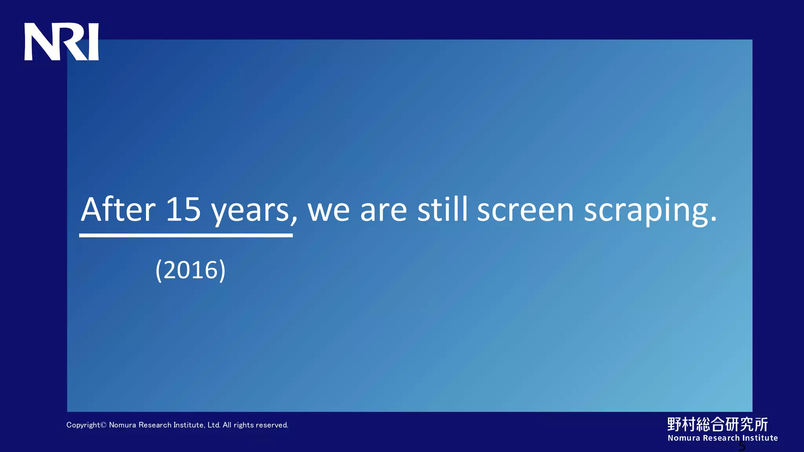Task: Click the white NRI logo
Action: coord(62,42)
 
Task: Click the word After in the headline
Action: coord(118,210)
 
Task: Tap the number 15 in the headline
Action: coord(183,210)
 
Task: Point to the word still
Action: coord(442,210)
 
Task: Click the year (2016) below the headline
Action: coord(190,270)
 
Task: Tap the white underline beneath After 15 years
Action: coord(186,235)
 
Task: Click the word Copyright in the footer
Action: coord(83,425)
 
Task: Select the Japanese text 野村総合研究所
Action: coord(717,424)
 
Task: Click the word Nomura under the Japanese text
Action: coord(684,438)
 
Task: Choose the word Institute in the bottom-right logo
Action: coord(760,438)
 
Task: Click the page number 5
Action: coord(742,446)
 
